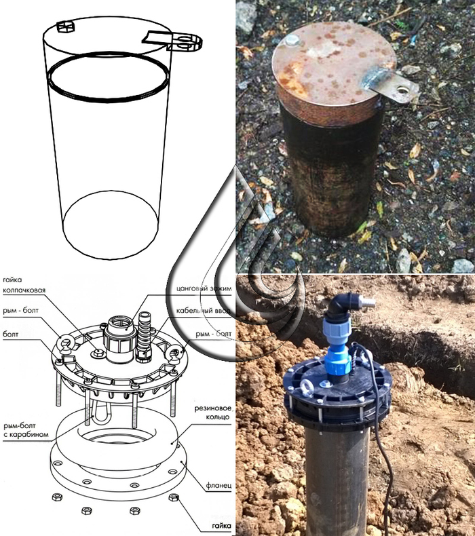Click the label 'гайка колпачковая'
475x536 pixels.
[x=24, y=285]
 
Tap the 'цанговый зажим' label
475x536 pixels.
[x=204, y=288]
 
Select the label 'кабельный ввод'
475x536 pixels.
[x=203, y=311]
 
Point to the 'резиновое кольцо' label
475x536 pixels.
[x=212, y=413]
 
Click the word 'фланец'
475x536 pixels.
[x=219, y=485]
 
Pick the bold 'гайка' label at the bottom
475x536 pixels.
[x=221, y=526]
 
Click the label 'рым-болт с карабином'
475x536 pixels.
[x=26, y=430]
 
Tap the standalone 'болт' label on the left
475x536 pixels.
[x=10, y=334]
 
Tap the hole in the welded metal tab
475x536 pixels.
[x=402, y=90]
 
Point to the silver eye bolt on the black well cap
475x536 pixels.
[x=305, y=387]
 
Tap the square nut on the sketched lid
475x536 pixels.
[x=65, y=26]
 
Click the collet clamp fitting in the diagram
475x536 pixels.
[x=119, y=339]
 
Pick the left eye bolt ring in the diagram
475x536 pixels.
[x=65, y=342]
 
